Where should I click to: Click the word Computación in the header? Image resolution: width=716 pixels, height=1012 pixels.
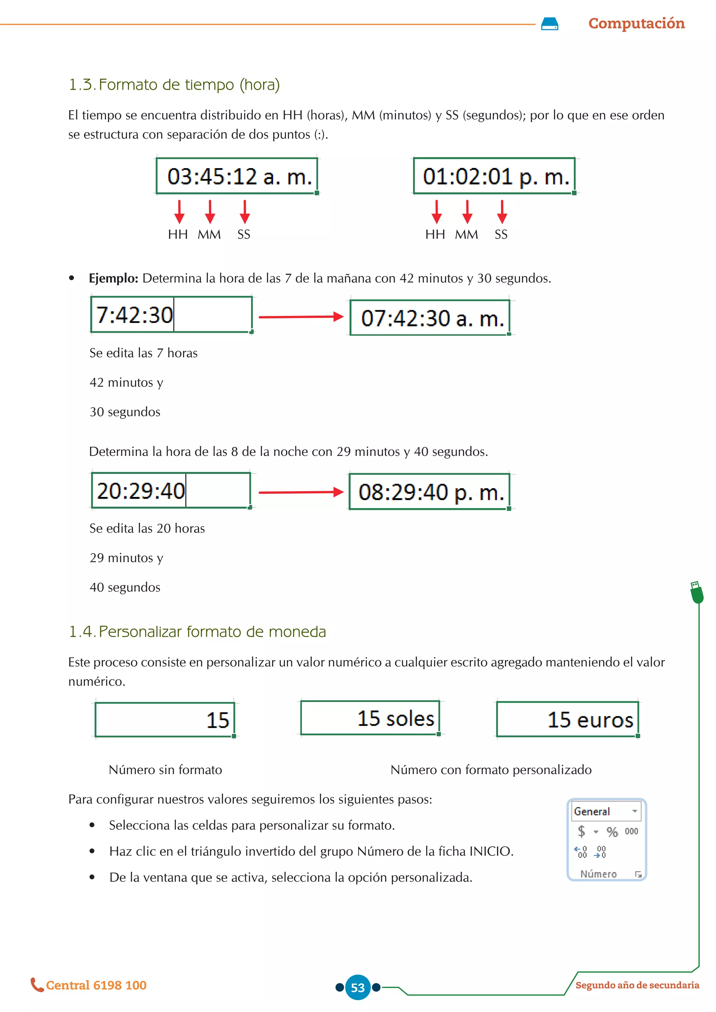point(636,23)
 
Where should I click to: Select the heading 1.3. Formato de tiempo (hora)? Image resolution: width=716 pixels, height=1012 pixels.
point(174,84)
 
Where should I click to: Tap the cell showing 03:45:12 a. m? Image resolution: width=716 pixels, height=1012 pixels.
point(237,176)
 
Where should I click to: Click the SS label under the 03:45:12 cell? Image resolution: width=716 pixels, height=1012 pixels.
point(243,234)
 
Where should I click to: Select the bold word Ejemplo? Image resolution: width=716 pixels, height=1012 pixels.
point(113,278)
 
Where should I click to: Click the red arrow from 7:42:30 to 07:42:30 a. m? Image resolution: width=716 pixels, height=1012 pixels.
point(301,317)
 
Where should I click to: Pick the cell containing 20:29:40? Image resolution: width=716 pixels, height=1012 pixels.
point(171,491)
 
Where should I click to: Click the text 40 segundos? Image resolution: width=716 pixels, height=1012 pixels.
point(125,587)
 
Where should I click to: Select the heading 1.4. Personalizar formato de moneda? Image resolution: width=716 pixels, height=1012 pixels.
point(197,631)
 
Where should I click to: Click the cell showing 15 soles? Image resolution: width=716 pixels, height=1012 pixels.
point(370,718)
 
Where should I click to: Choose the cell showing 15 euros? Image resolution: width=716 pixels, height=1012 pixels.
point(567,719)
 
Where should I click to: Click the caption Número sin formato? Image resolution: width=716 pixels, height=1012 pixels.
point(165,769)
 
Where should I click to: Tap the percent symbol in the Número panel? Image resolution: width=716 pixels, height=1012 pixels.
point(612,832)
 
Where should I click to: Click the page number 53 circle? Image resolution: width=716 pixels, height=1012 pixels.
point(358,987)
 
